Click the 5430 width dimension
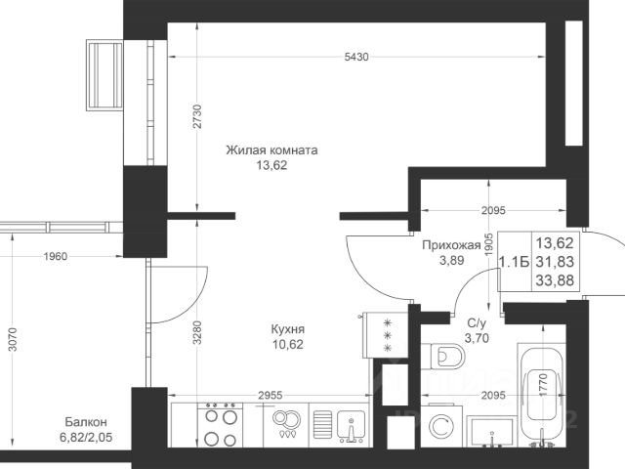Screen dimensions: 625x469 [x=356, y=57]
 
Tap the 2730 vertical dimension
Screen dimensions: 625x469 [x=197, y=116]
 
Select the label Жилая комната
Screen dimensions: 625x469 [x=271, y=150]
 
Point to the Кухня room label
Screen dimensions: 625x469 [x=288, y=329]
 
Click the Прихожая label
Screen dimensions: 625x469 [x=451, y=245]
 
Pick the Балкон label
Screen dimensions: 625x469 [x=86, y=421]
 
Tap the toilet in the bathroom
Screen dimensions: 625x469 [x=443, y=356]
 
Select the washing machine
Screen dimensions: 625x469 [x=441, y=426]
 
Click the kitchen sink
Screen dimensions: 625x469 [x=351, y=425]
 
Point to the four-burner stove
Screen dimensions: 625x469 [x=220, y=425]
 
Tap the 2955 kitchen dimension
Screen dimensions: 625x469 [x=271, y=395]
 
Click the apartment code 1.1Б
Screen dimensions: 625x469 [x=515, y=262]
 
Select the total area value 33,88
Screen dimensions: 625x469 [x=555, y=280]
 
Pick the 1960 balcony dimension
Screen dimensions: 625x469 [x=56, y=256]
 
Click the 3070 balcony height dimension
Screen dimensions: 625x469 [x=13, y=339]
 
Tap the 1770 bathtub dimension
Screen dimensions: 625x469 [x=543, y=384]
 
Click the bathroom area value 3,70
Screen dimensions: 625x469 [x=477, y=338]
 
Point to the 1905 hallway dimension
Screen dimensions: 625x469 [x=489, y=244]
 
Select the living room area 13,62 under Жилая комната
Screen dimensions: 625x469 [x=271, y=165]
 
